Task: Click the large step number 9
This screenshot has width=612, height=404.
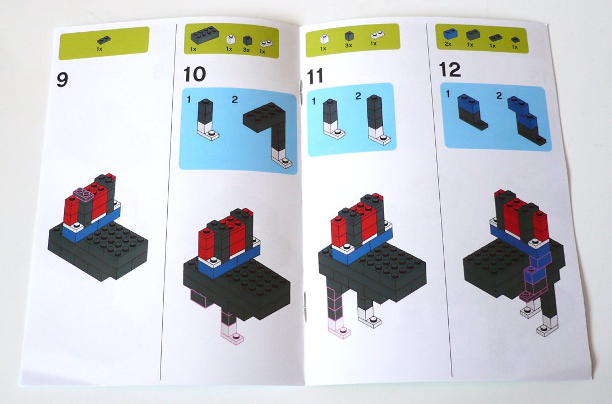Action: [x=62, y=80]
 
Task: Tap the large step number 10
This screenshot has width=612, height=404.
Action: [x=195, y=75]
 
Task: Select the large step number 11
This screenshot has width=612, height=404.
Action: [x=315, y=76]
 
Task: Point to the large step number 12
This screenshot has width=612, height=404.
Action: [x=450, y=70]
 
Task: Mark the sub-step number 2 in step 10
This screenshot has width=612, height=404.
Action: [x=235, y=100]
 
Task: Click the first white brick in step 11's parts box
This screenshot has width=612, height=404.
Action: [x=323, y=38]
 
